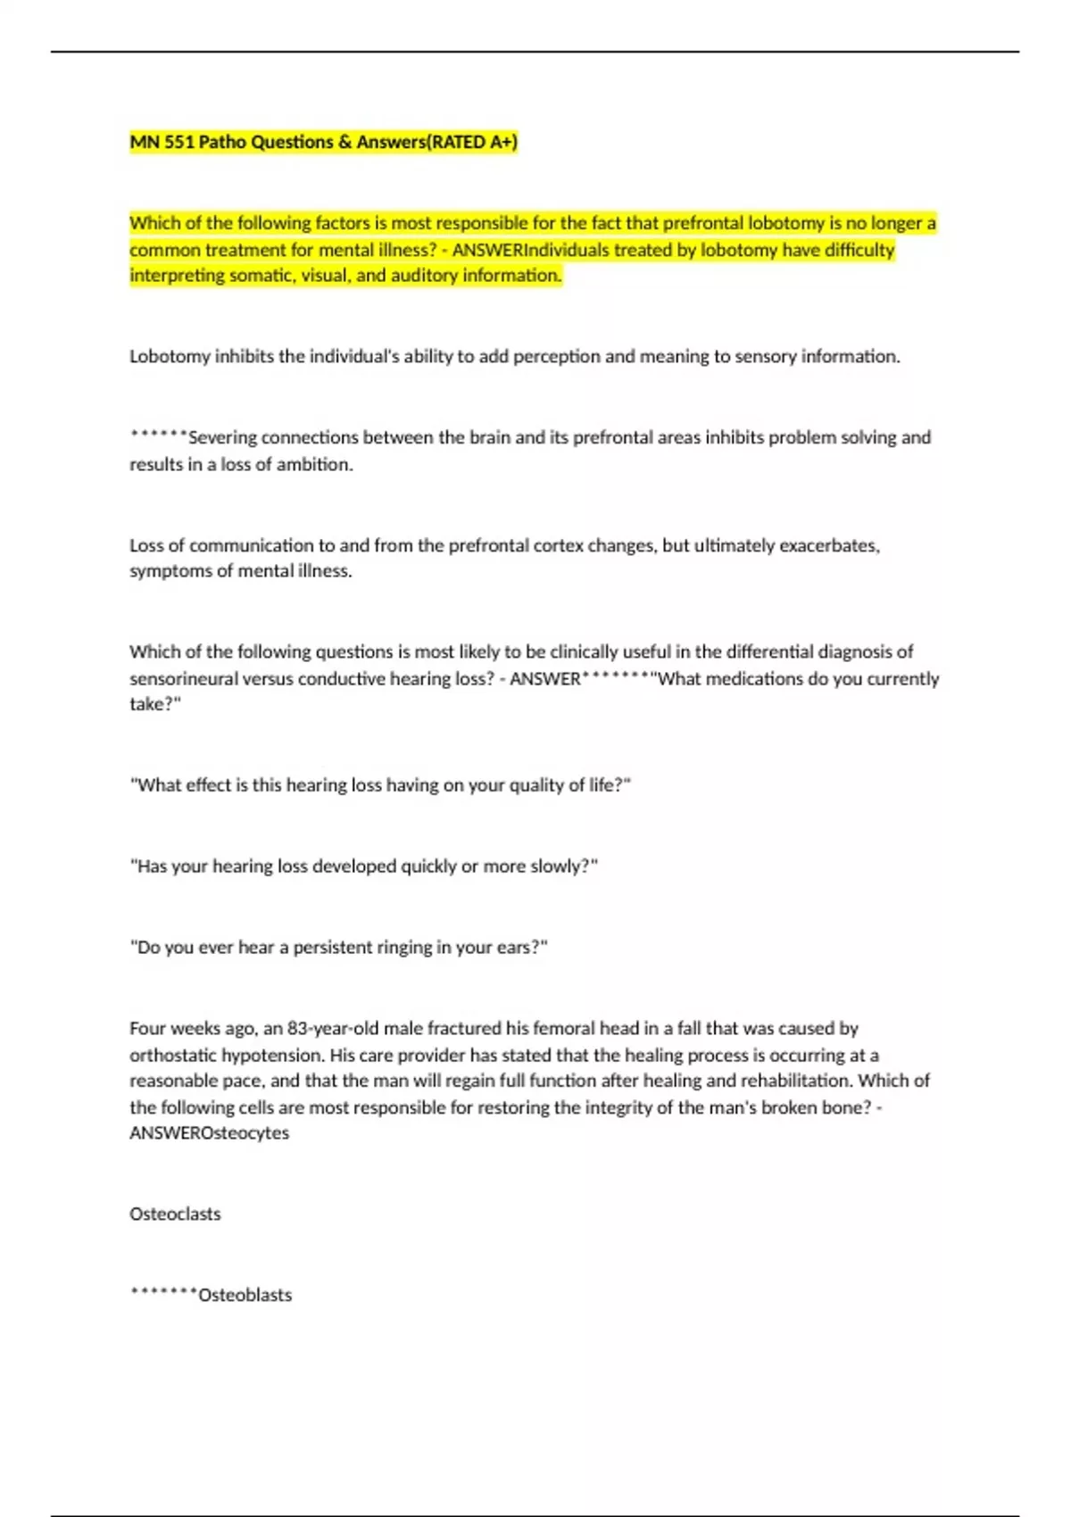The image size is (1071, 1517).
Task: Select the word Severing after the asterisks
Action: [221, 438]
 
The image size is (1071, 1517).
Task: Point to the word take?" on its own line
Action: [155, 705]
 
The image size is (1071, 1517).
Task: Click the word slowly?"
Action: [564, 866]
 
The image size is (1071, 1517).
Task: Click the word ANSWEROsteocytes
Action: [209, 1133]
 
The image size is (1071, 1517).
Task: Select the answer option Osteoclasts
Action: [175, 1214]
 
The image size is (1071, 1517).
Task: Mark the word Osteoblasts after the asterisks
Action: [245, 1296]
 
